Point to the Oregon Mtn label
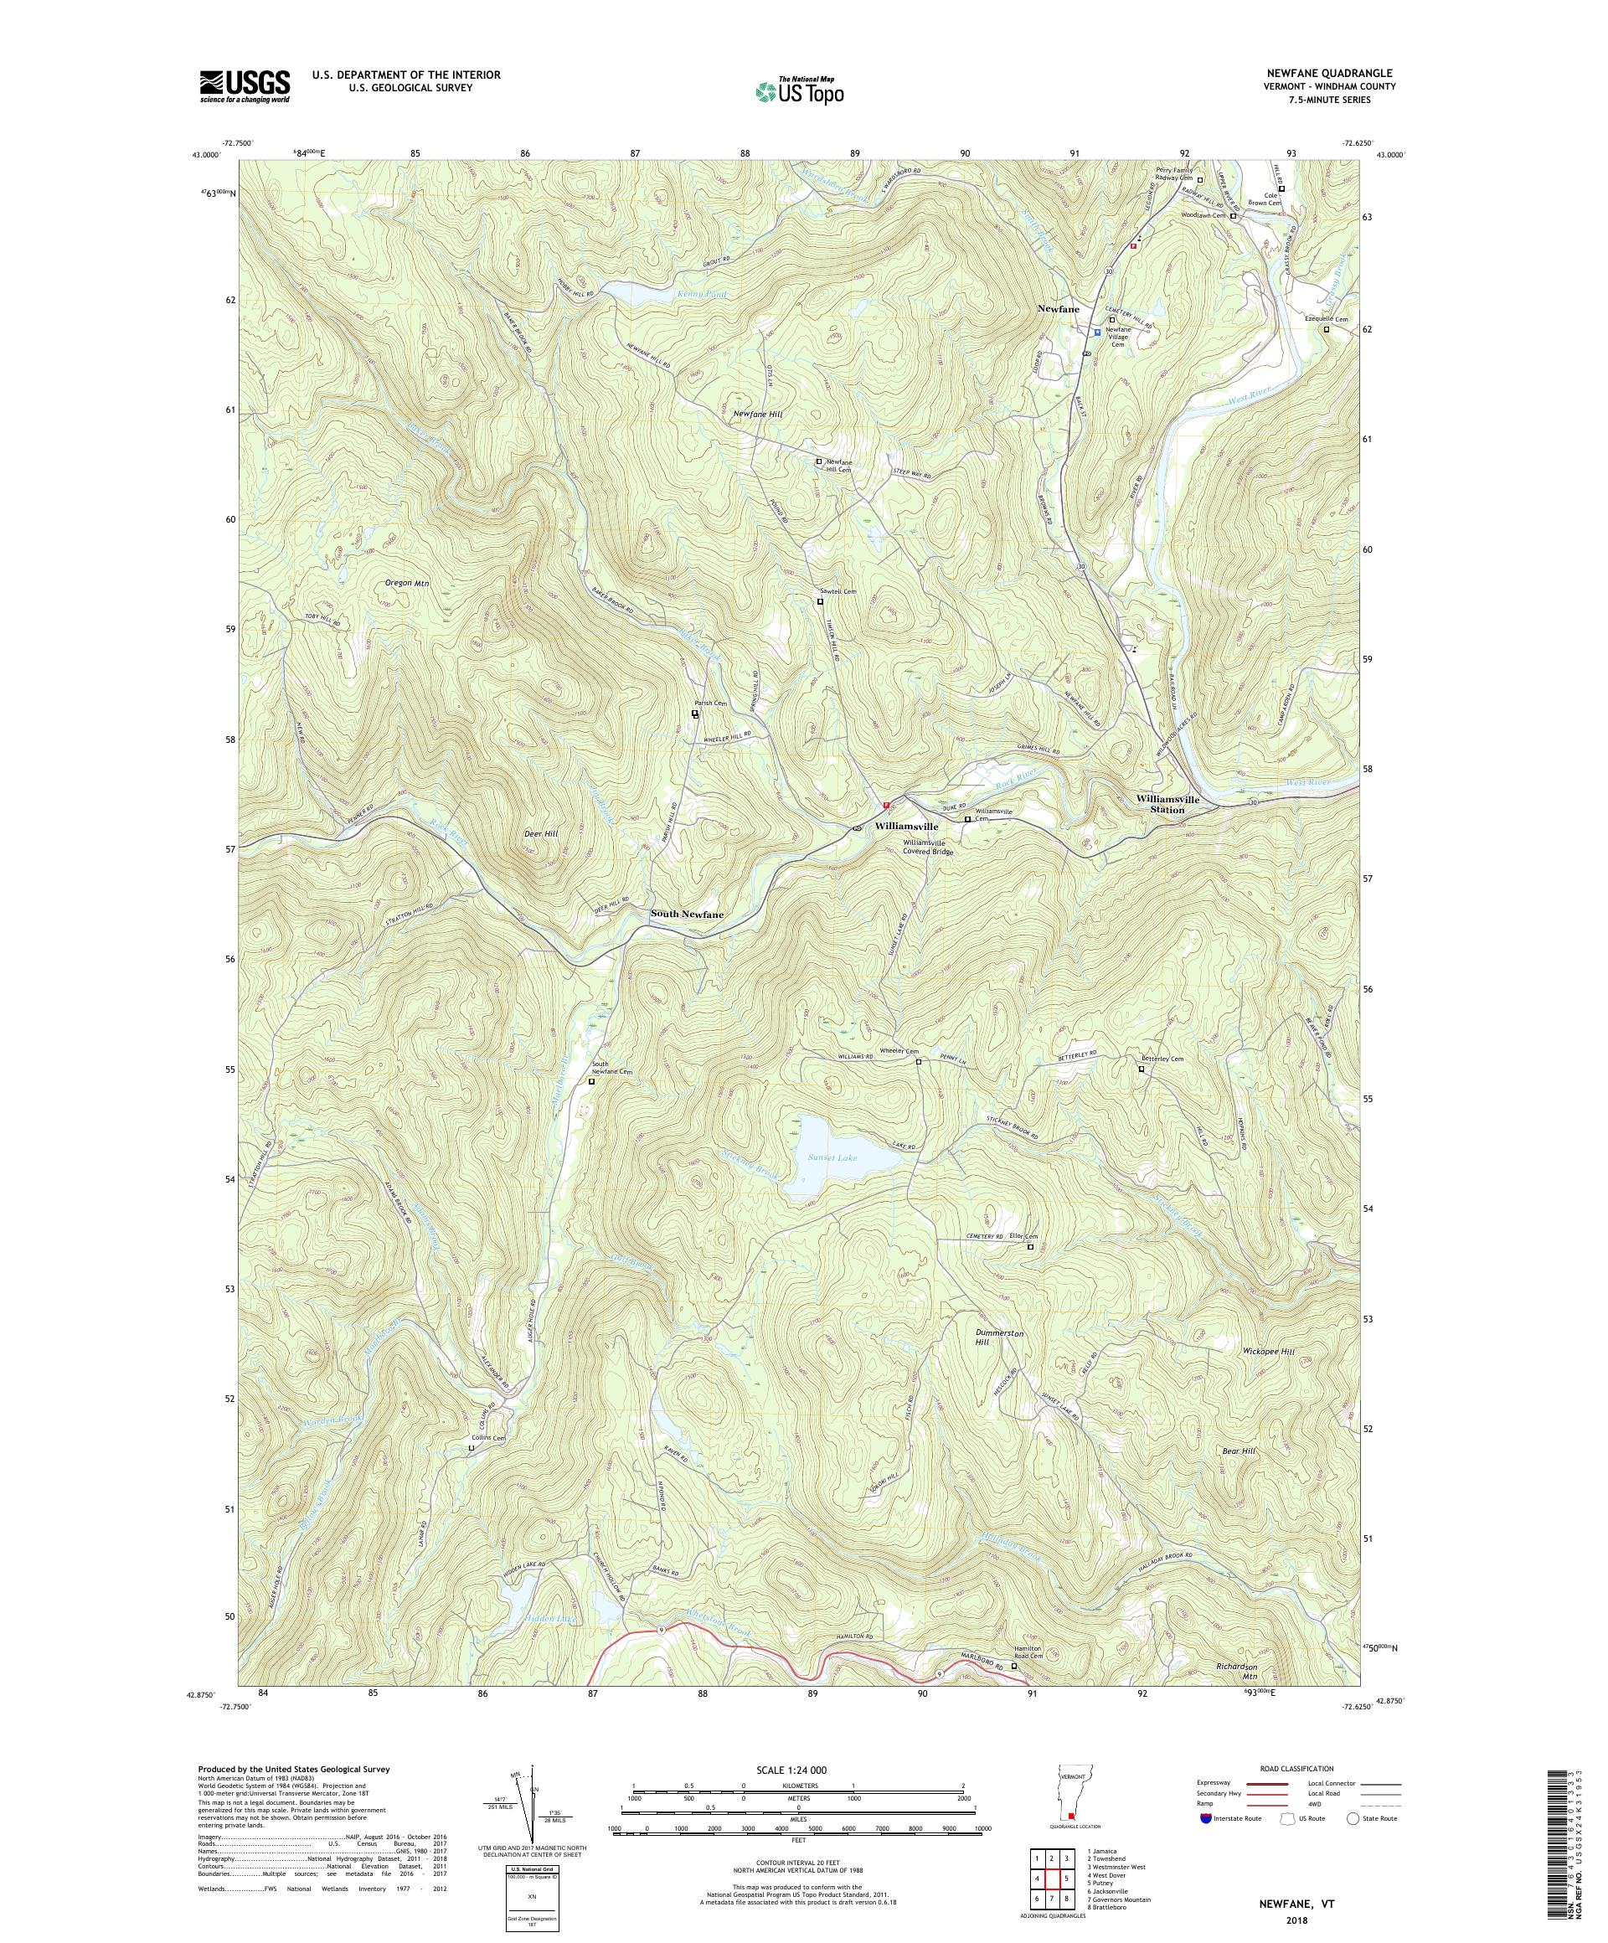407,584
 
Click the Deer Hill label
540,833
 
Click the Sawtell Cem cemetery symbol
820,601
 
